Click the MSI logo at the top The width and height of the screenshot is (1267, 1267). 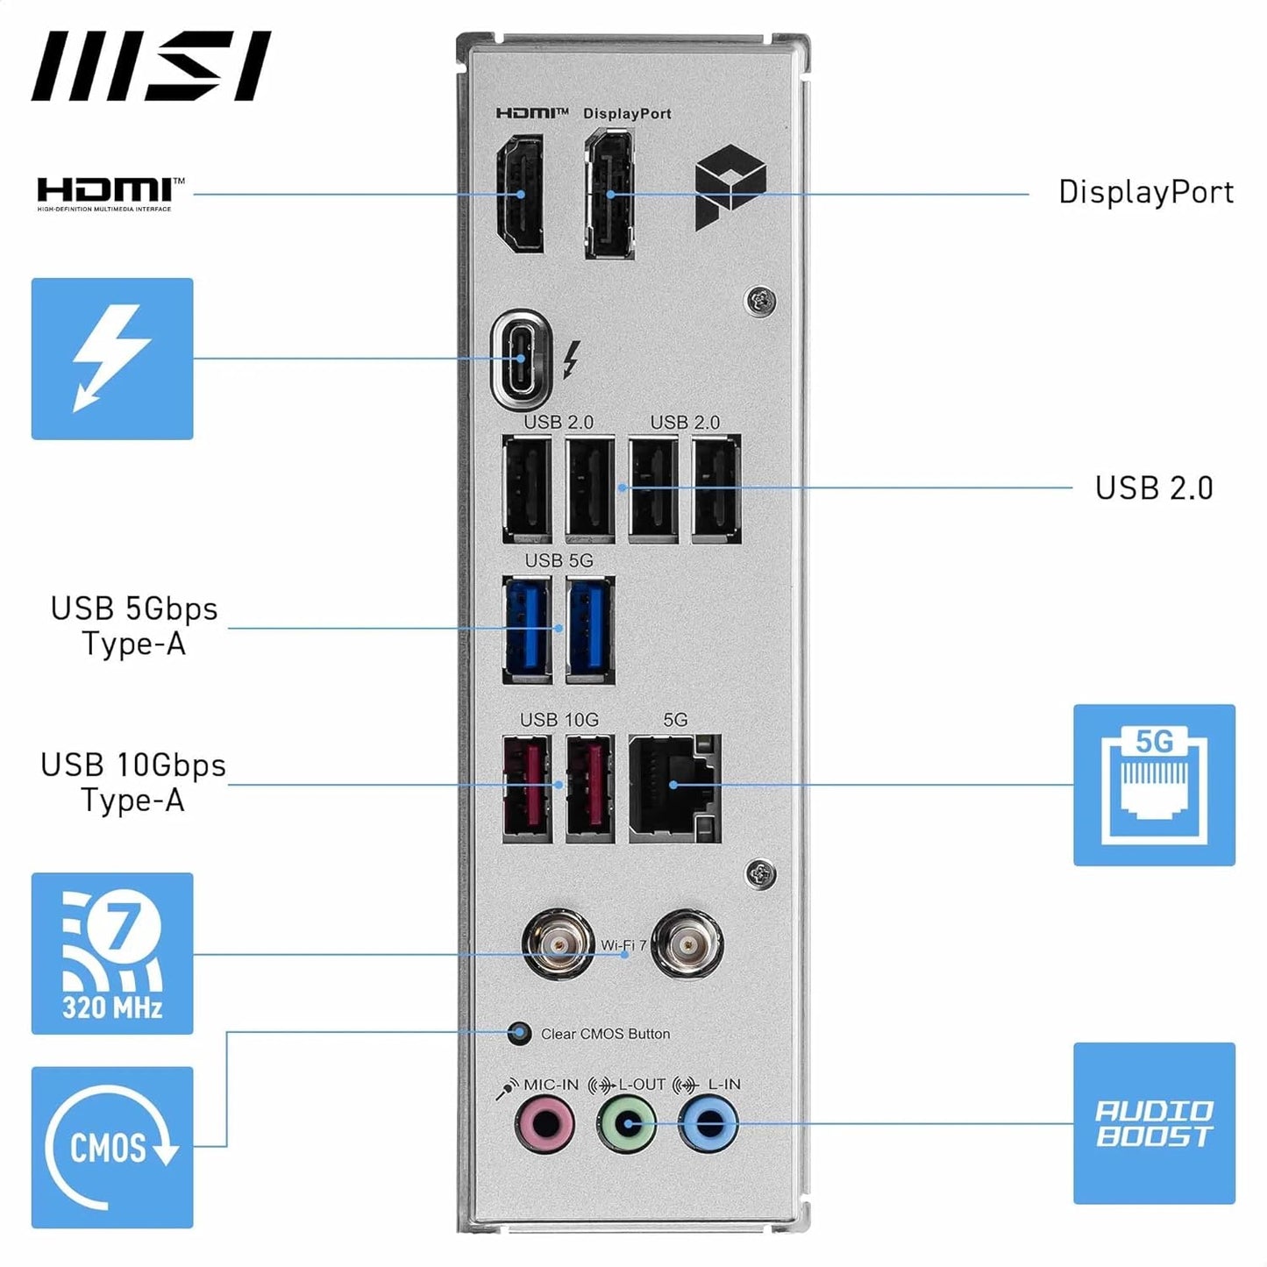[x=151, y=67]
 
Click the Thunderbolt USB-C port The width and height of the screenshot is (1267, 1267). [x=522, y=359]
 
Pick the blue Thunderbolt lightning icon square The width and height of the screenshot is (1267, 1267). [x=112, y=359]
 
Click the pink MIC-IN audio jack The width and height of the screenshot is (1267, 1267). [x=544, y=1123]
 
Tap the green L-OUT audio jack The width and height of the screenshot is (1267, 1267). [x=626, y=1123]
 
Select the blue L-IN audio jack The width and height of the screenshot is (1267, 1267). [x=708, y=1123]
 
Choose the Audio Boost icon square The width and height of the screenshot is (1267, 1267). [x=1154, y=1123]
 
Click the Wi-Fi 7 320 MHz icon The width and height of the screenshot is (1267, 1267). [x=112, y=953]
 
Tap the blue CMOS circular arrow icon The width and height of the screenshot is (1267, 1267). [x=112, y=1147]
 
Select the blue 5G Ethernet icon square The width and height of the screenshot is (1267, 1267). [x=1154, y=785]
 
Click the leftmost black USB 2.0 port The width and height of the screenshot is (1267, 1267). [x=527, y=489]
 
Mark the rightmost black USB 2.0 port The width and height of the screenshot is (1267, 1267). [x=716, y=489]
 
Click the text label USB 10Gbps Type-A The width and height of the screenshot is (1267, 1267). [x=133, y=783]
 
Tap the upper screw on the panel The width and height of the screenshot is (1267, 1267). [x=760, y=301]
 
